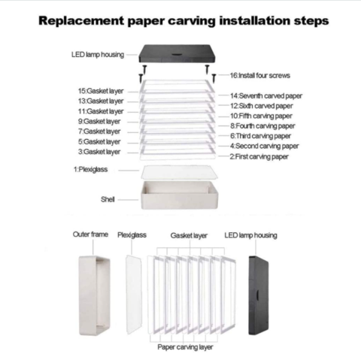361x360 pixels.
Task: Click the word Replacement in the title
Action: (81, 21)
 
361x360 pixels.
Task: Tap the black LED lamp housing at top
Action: (177, 53)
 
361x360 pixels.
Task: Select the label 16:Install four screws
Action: (260, 75)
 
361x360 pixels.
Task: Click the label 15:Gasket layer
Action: (101, 91)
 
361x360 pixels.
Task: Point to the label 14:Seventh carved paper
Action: (266, 95)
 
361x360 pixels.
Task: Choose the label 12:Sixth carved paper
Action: (262, 106)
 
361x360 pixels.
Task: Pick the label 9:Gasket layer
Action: (99, 122)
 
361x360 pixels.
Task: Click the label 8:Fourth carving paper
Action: (262, 126)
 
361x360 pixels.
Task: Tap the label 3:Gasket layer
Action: (99, 152)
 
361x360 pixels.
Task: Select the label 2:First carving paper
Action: (259, 156)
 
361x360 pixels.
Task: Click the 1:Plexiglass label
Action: (90, 169)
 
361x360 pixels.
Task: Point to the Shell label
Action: (108, 199)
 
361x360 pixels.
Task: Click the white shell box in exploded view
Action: (179, 195)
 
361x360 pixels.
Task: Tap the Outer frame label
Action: (90, 234)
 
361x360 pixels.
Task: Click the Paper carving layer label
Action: (185, 347)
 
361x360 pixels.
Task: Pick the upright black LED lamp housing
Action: (259, 295)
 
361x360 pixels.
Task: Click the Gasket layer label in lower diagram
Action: (189, 235)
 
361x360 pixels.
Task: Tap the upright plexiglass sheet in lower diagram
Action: (134, 295)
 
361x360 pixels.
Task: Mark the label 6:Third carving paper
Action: (260, 136)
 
